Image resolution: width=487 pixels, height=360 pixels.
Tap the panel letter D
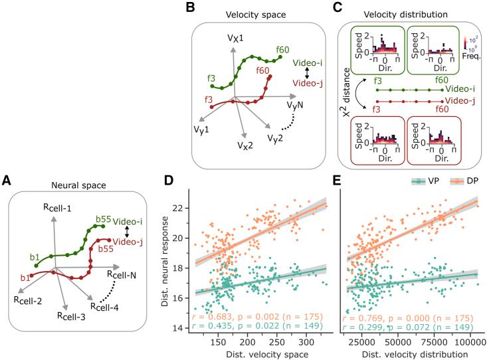[171, 181]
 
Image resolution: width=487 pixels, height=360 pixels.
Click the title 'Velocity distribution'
[407, 15]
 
